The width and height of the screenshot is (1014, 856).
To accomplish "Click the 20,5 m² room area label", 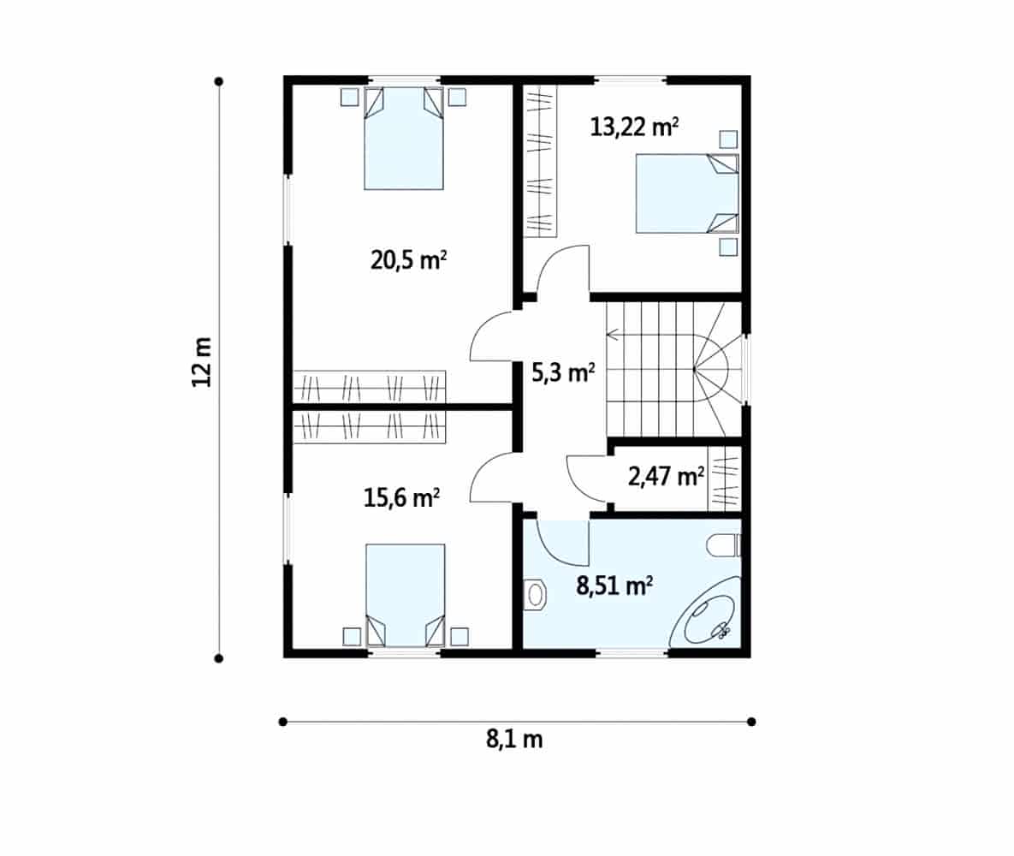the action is (x=409, y=260).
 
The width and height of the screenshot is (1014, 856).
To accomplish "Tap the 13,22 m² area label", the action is (x=634, y=127).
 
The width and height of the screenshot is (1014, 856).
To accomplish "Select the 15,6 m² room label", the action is (x=401, y=498).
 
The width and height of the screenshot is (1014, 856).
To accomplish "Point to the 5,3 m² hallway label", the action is (x=563, y=372).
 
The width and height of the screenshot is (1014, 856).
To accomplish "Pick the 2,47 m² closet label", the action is (x=666, y=477).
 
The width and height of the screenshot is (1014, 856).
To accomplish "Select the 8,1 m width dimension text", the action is (x=515, y=739).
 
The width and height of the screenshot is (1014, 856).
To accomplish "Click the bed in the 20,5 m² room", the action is (x=404, y=139).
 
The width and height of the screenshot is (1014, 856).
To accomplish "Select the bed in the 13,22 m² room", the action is (x=687, y=193).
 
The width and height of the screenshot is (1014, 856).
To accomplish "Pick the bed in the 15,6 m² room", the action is (x=406, y=595).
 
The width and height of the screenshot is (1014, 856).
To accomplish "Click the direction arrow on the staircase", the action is (x=613, y=335).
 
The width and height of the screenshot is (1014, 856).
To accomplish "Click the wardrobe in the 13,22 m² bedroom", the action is (x=540, y=161).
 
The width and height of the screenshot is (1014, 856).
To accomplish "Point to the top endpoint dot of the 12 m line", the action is (x=219, y=81).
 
